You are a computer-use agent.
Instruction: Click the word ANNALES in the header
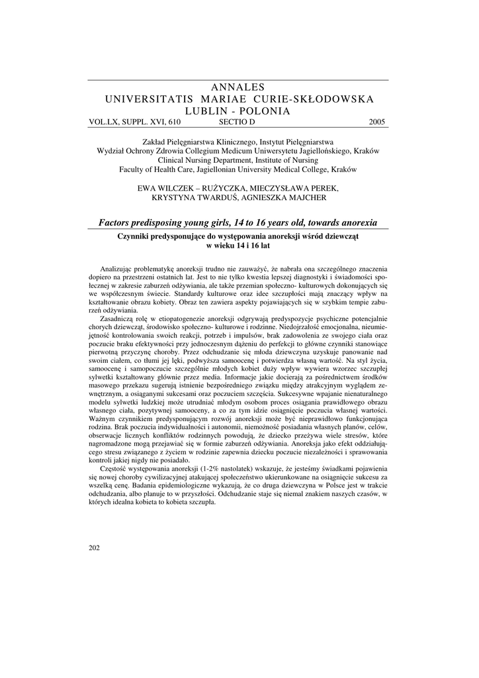239,87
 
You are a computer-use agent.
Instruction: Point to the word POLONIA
265,111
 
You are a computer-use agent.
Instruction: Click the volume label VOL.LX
103,122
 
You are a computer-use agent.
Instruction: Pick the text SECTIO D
236,122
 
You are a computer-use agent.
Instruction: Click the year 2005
378,122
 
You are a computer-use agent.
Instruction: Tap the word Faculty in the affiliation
133,169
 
